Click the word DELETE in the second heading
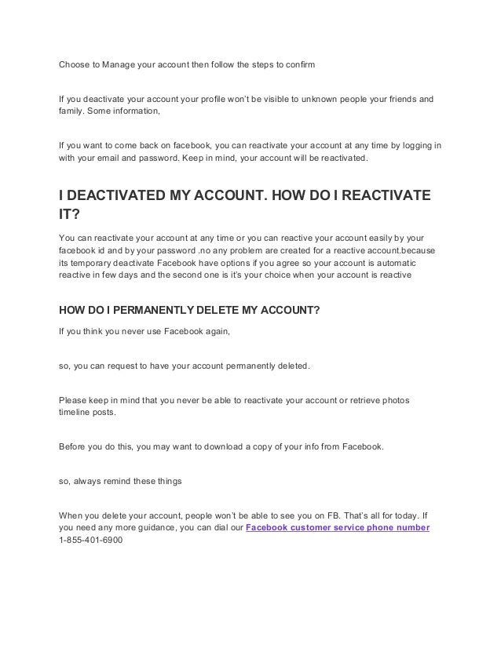click(x=202, y=309)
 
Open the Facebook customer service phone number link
click(x=338, y=527)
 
